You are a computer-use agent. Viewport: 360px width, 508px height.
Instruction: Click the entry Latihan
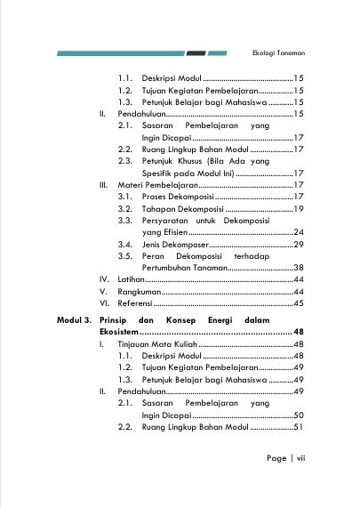[x=132, y=279]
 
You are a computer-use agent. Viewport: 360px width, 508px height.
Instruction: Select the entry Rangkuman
[x=139, y=292]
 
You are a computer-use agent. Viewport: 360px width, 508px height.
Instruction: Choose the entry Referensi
[x=137, y=304]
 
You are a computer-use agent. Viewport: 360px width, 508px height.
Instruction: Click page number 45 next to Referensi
[x=299, y=304]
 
